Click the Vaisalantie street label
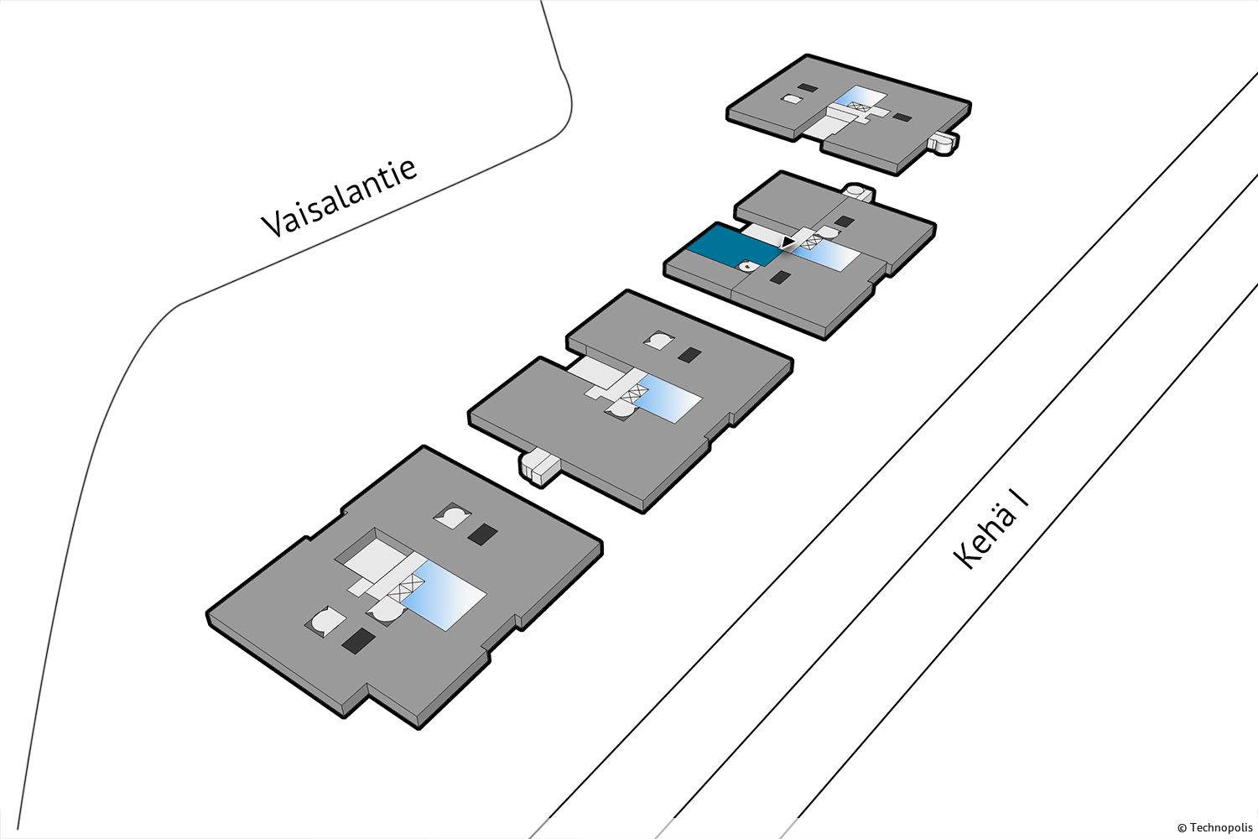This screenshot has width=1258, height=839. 340,196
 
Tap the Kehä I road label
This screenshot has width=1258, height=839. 990,530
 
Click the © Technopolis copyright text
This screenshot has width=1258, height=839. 1214,828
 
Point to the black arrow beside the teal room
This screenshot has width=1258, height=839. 788,242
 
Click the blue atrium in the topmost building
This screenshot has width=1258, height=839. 860,99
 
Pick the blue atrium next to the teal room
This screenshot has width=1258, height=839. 826,255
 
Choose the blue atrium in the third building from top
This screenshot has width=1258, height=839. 669,398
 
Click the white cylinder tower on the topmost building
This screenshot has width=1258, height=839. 942,142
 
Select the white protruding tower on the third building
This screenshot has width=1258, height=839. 538,466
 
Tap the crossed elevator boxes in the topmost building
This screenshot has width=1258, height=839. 858,106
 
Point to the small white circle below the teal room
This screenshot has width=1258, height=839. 748,267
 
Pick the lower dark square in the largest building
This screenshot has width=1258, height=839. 358,641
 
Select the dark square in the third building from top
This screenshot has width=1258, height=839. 689,355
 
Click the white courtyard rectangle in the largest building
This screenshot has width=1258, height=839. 375,562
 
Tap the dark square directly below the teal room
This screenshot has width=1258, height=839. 779,277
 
